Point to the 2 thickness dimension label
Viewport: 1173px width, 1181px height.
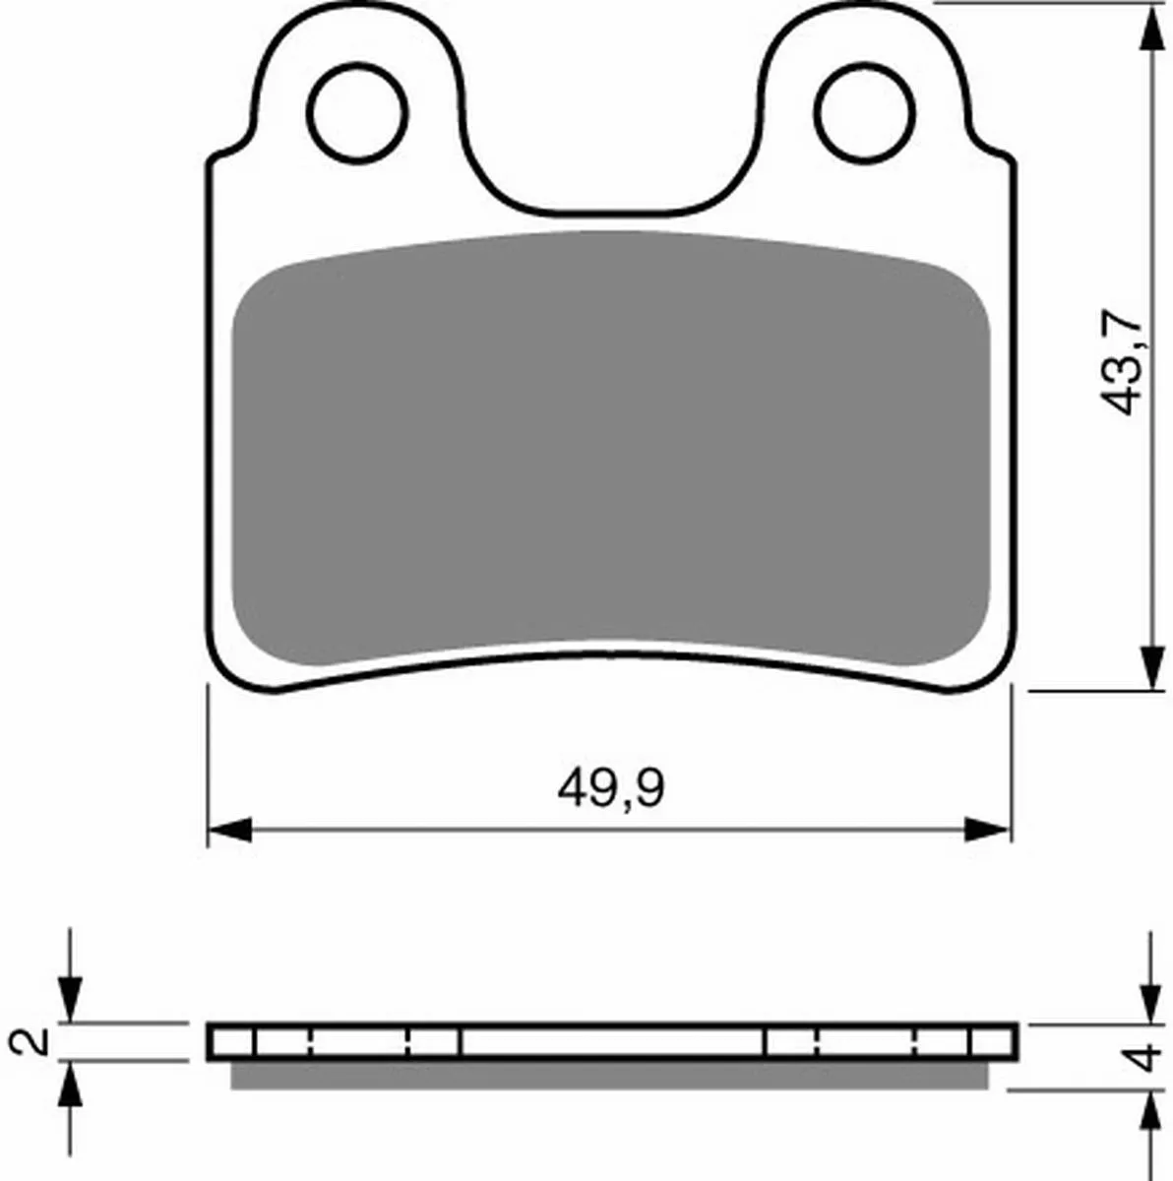[x=31, y=1040]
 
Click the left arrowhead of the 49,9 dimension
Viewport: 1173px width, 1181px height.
[x=230, y=830]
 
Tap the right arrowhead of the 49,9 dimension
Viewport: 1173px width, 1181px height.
[x=986, y=830]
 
